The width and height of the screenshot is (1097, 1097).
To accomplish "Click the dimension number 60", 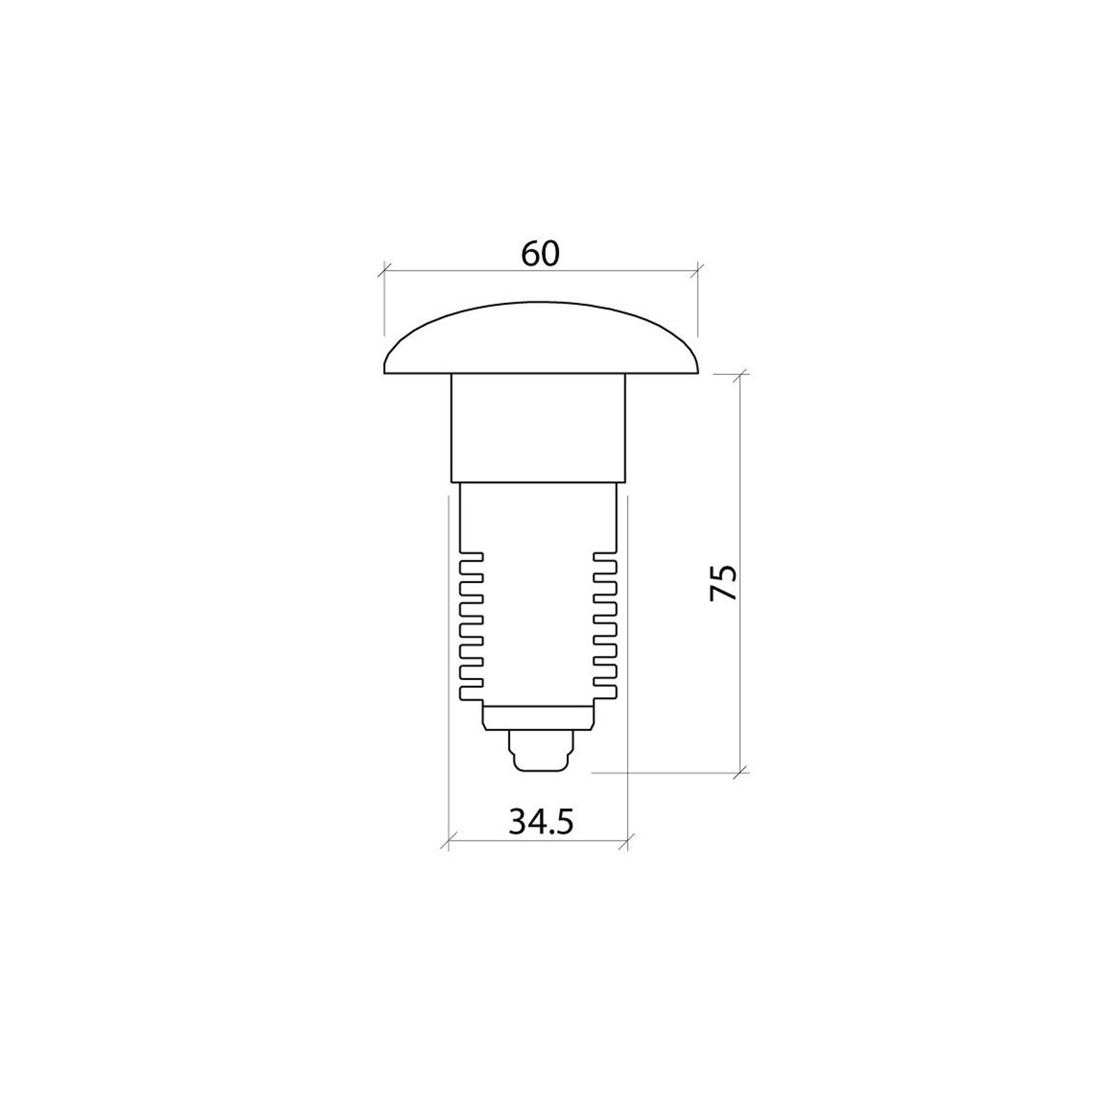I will [x=540, y=254].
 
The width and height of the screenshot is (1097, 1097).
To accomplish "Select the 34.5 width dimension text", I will [x=541, y=821].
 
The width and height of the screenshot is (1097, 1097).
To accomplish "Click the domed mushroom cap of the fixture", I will [x=541, y=340].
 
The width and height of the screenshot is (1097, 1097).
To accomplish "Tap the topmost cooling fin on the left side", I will [x=472, y=557].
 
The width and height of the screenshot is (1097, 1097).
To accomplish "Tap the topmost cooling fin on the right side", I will [x=605, y=557].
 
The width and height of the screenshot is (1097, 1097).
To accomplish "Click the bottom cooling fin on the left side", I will [x=472, y=693].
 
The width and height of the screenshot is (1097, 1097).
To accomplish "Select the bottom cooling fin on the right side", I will [x=605, y=693].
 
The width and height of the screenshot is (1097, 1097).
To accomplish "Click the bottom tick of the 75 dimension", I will [x=741, y=772].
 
